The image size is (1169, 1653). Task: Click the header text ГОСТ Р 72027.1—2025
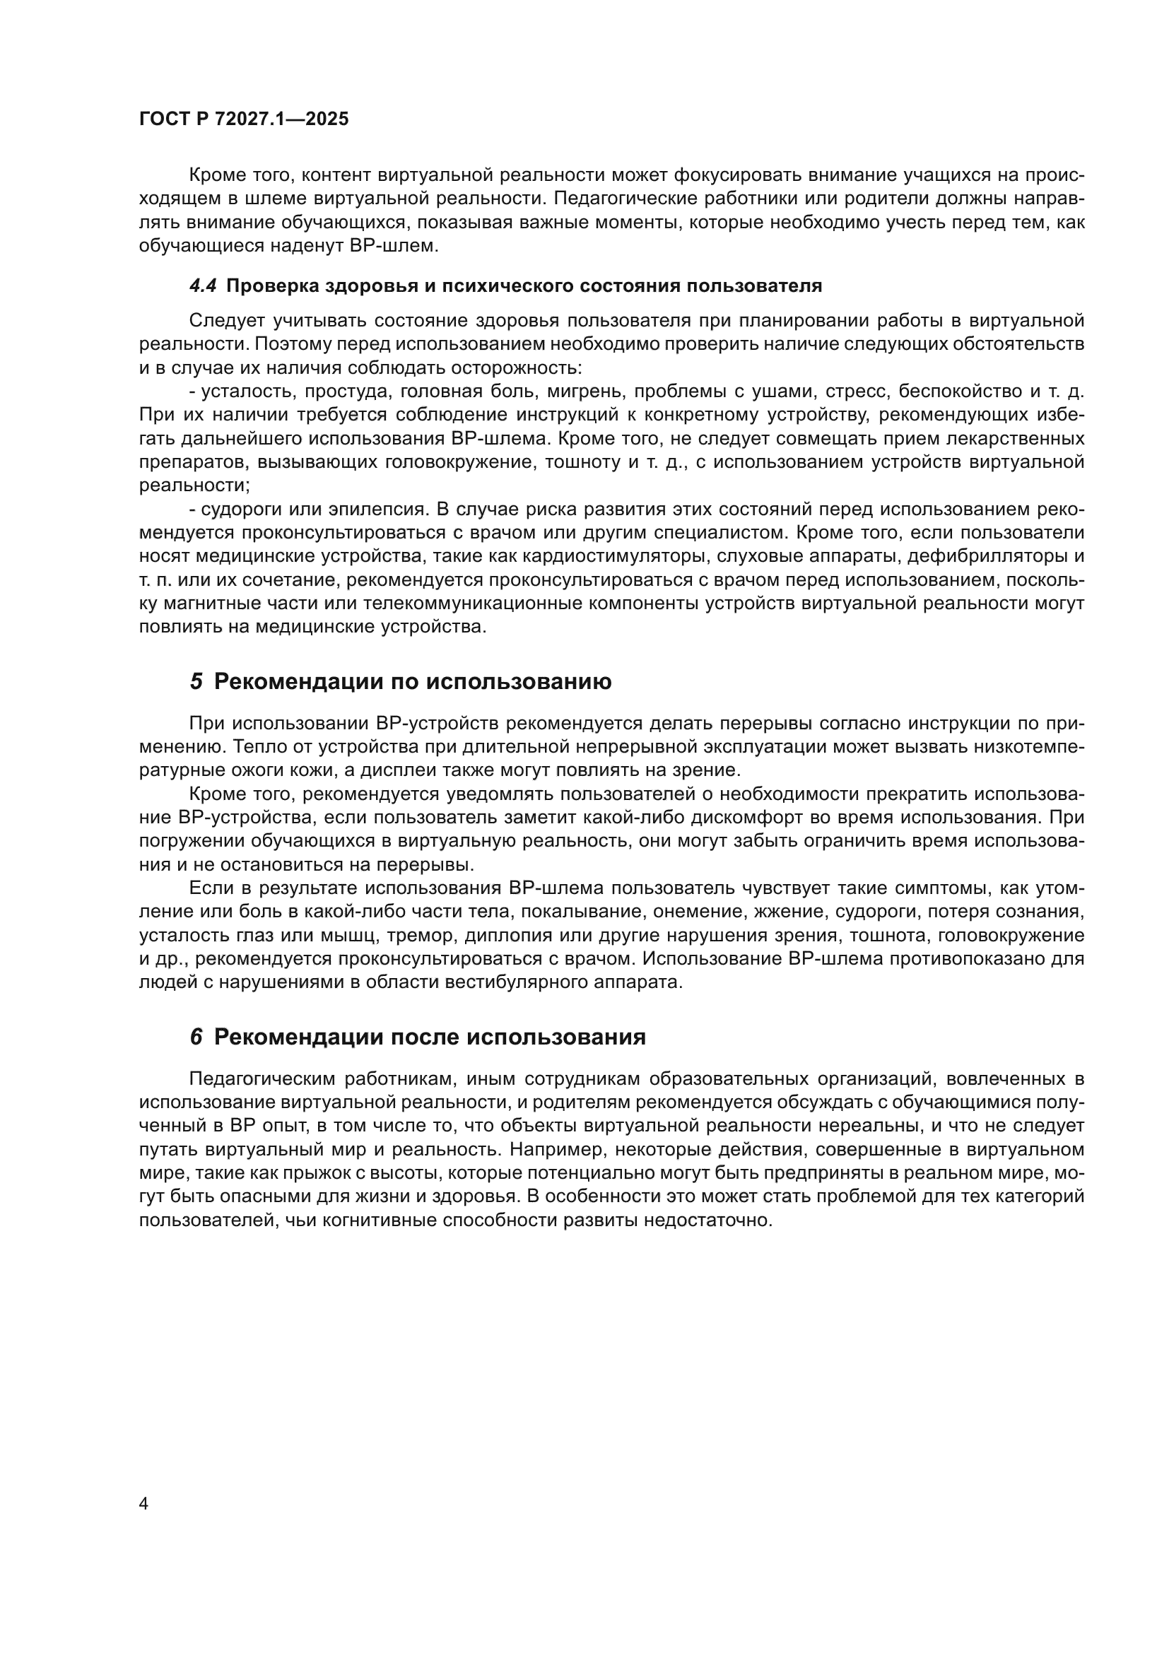(x=243, y=119)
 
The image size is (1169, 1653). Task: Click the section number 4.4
(x=203, y=286)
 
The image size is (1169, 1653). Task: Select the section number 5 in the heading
(x=196, y=681)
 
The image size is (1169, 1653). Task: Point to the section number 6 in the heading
(x=196, y=1037)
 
